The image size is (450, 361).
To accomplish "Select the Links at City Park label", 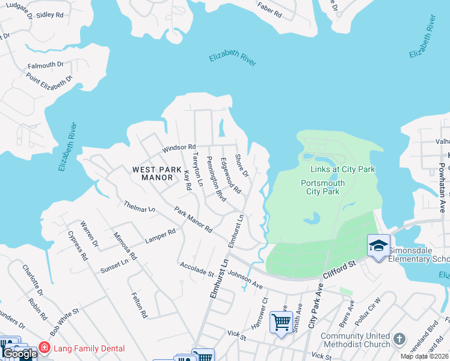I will (x=342, y=169).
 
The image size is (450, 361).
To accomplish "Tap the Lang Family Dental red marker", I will (x=44, y=348).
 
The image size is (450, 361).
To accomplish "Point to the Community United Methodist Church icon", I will (x=399, y=339).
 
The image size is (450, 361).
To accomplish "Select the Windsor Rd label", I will (x=179, y=147).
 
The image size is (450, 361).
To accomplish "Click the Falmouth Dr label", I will (x=44, y=64).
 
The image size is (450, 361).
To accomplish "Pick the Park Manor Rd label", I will (x=193, y=220).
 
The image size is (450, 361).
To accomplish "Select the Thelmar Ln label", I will (x=140, y=208).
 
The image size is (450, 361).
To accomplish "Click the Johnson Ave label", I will (x=245, y=279).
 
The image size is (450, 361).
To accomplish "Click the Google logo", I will (x=20, y=354).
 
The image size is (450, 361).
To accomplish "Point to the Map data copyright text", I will (x=425, y=356).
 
